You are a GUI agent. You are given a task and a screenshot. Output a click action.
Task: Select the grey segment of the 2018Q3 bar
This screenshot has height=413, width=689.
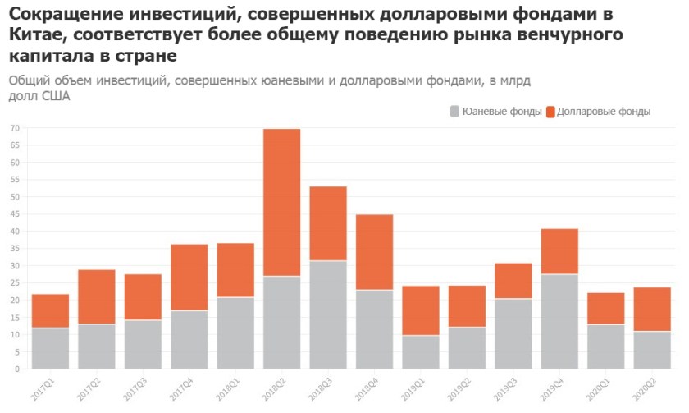point(327,314)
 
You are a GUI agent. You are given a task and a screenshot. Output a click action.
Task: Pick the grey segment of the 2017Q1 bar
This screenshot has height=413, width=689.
point(50,348)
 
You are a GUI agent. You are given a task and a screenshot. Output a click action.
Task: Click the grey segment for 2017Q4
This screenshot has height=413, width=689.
point(189,339)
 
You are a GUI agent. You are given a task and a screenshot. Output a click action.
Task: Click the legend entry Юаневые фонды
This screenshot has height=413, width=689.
point(501,112)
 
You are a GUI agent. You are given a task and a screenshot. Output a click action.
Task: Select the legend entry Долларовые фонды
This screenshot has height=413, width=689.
point(603,112)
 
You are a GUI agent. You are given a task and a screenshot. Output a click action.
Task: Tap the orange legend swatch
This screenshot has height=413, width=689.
point(550,112)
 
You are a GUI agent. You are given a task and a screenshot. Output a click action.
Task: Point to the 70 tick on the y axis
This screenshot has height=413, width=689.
point(15,128)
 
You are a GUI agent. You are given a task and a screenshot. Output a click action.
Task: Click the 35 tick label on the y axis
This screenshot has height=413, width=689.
point(15,249)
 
